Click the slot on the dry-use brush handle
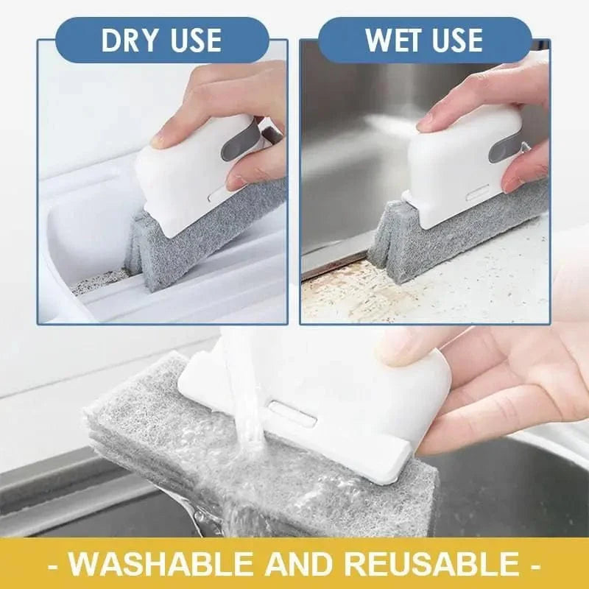(216, 196)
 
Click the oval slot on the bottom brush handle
(292, 412)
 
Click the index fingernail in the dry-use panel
(159, 138)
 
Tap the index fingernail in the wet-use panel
(426, 122)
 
